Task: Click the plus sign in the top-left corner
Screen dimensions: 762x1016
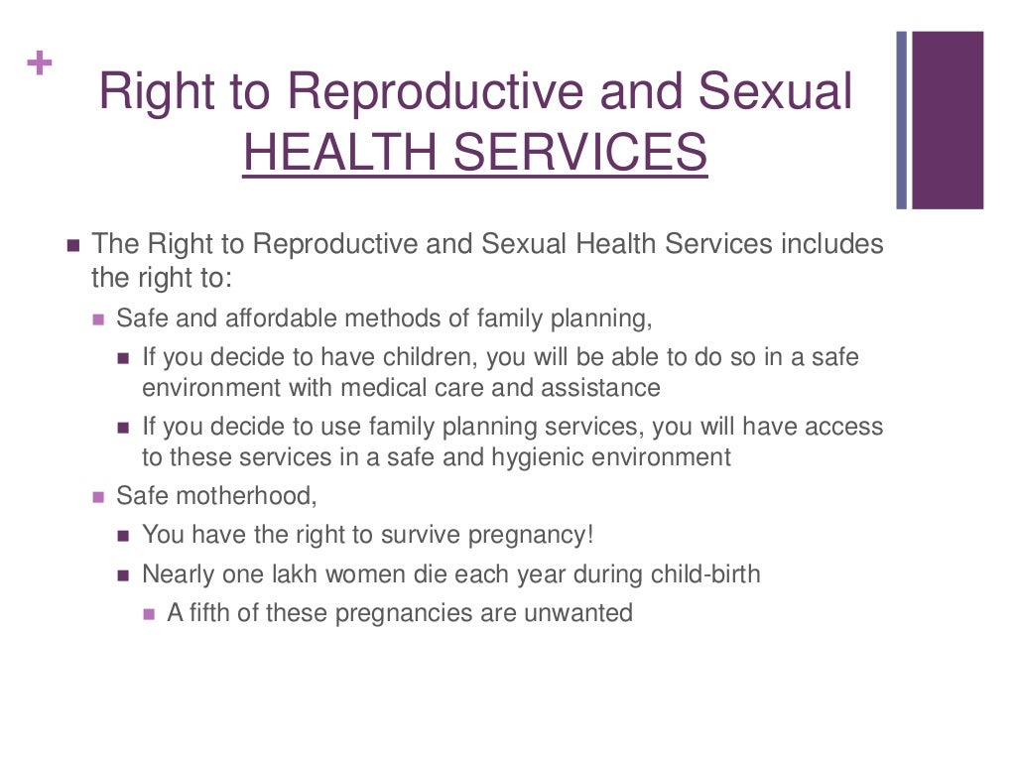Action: pos(39,64)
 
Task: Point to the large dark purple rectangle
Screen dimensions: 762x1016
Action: pos(948,120)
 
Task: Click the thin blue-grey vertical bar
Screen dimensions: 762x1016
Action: pos(902,120)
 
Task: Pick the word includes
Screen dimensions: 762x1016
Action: pos(833,244)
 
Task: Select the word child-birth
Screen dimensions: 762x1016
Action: pos(705,573)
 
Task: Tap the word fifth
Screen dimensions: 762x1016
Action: pos(210,612)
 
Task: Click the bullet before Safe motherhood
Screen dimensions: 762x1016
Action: pos(98,496)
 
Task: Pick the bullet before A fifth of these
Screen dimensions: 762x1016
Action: pos(149,613)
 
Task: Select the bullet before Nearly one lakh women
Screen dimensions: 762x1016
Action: pos(123,574)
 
